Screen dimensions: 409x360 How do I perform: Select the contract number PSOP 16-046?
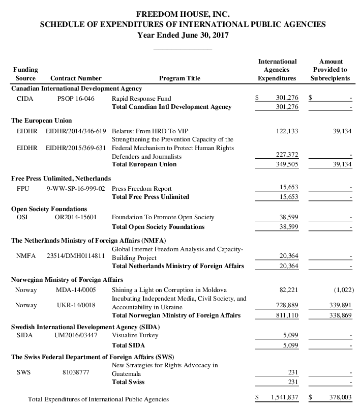coord(76,98)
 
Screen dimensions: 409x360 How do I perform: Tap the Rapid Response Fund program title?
coord(141,98)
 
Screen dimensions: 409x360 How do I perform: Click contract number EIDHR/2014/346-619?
coord(76,131)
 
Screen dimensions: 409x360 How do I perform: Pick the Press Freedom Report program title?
coord(141,188)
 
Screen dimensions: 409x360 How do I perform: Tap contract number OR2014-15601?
coord(76,217)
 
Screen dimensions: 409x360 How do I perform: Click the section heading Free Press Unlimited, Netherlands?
coord(61,178)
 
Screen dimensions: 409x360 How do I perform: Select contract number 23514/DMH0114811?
coord(76,255)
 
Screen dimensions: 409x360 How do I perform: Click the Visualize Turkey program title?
coord(135,335)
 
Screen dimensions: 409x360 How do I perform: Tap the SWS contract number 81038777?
coord(76,372)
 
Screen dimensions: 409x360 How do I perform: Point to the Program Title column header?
coord(179,78)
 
